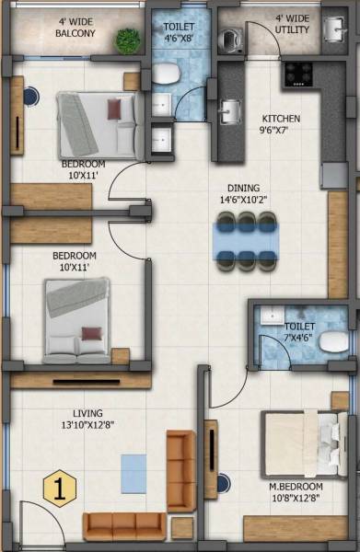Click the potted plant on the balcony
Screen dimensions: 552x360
click(128, 40)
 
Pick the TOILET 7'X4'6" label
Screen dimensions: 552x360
click(300, 332)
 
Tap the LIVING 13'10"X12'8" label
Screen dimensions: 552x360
click(95, 420)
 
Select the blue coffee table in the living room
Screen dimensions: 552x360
click(134, 473)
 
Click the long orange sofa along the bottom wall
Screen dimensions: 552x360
click(124, 525)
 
